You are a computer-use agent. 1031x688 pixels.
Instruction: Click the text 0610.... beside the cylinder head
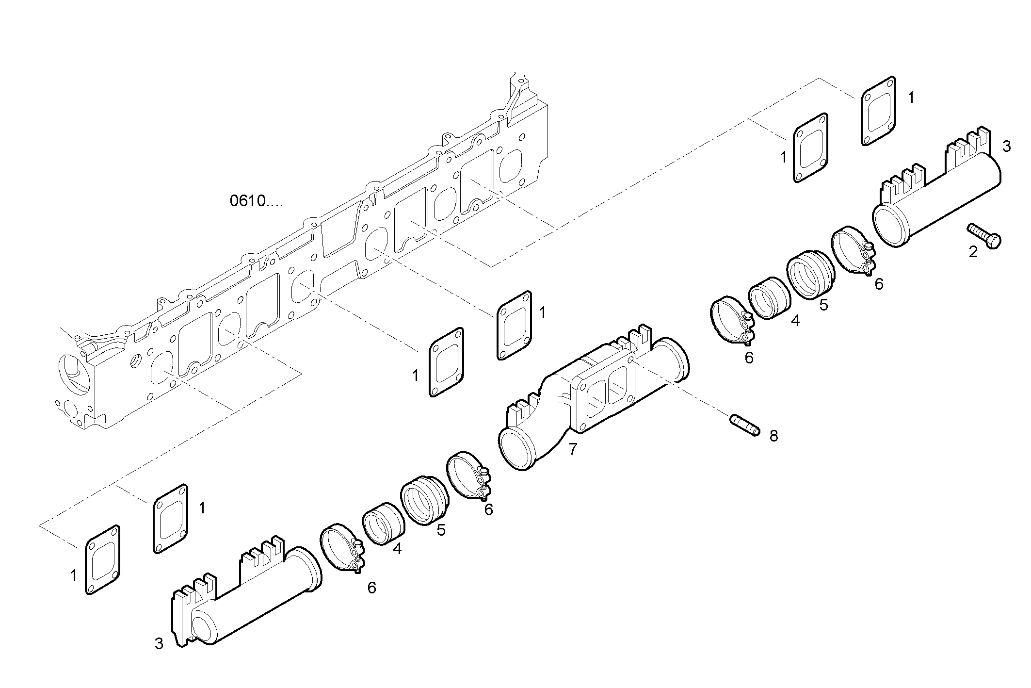point(256,200)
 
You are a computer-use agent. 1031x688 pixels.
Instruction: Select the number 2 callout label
point(973,252)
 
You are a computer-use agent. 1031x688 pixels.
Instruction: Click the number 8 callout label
point(773,436)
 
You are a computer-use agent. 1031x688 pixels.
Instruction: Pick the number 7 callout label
point(573,449)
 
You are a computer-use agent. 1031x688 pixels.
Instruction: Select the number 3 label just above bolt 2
point(1006,146)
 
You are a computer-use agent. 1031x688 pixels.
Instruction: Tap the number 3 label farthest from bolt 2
point(159,643)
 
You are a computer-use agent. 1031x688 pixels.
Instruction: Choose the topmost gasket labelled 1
point(878,111)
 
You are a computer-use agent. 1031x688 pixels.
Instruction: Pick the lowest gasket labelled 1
point(102,559)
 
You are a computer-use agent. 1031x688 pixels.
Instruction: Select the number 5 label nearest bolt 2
point(823,305)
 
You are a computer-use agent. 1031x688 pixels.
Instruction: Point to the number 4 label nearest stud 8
point(795,321)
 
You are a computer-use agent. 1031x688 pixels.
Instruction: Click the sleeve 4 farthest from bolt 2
point(383,523)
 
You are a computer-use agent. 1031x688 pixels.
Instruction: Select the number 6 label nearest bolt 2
point(879,284)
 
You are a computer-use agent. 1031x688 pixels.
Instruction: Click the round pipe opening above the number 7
point(517,447)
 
